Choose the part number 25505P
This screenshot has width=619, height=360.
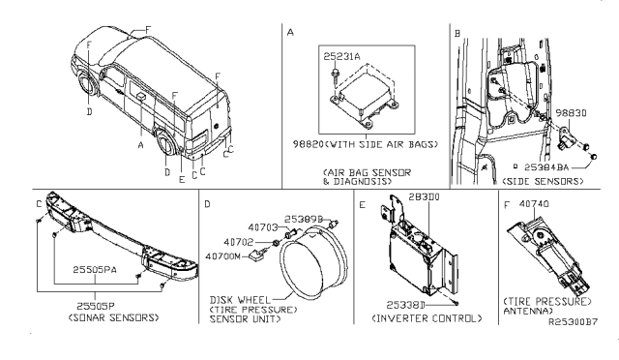pos(94,303)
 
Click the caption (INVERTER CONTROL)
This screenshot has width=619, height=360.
pos(417,316)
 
